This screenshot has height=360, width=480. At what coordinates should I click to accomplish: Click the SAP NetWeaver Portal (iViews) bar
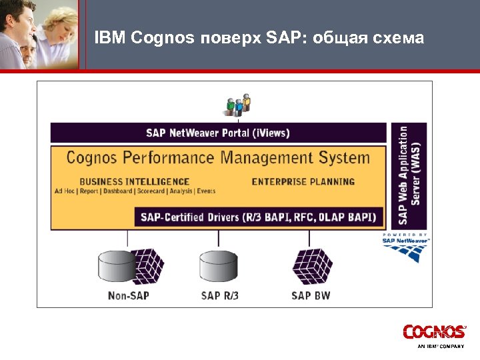[x=218, y=133]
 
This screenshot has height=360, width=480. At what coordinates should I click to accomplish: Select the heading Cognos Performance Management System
[x=218, y=158]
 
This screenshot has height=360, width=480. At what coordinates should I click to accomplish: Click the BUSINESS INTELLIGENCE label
[x=134, y=181]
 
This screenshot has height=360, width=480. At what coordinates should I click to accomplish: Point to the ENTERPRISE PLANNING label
[x=303, y=181]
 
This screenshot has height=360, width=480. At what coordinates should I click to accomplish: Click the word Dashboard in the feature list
[x=117, y=191]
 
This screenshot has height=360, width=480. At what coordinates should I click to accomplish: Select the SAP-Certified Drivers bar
[x=260, y=217]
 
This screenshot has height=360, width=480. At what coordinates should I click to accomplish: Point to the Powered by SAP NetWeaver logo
[x=406, y=249]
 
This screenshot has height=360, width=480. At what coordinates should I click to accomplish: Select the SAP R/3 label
[x=219, y=295]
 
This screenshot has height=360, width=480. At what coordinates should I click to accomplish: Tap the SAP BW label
[x=311, y=295]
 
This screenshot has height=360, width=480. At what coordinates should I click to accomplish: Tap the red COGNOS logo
[x=433, y=331]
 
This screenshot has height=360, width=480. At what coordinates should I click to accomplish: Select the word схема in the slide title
[x=399, y=37]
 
